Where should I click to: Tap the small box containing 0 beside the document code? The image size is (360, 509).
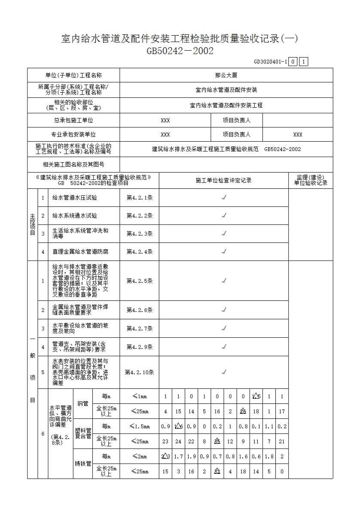292,62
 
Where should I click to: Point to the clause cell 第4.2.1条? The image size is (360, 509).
139,198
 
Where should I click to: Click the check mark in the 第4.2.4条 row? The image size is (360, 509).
224,252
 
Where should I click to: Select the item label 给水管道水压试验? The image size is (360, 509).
75,198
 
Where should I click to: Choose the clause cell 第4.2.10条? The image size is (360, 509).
139,373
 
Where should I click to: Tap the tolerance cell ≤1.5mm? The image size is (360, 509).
139,427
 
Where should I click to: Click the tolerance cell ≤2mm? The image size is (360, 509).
139,457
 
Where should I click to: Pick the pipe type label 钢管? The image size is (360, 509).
83,404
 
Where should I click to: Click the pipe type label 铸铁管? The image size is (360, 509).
83,464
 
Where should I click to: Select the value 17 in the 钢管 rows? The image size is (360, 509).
282,412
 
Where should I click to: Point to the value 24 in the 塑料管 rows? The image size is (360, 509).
178,442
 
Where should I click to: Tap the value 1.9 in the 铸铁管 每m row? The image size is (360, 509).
191,457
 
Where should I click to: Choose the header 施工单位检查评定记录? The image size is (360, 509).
223,181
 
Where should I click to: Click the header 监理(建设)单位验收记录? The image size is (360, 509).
311,180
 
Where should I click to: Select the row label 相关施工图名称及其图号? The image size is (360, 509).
73,164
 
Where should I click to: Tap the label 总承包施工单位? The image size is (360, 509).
73,121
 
